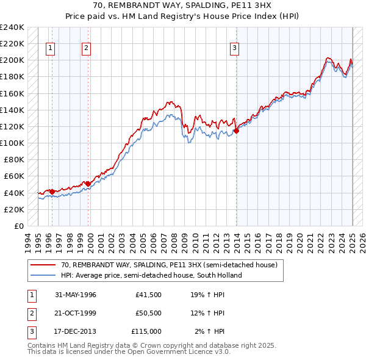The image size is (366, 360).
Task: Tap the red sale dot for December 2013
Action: tap(236, 130)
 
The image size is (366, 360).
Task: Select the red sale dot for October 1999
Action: tap(88, 183)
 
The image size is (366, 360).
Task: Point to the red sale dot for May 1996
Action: tap(52, 191)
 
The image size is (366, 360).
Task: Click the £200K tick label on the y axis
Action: tap(12, 60)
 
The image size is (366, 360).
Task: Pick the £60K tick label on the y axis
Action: tap(14, 176)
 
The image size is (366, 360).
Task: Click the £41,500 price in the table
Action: tap(149, 295)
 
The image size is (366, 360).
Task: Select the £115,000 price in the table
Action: tap(146, 331)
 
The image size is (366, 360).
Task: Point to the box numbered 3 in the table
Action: tap(30, 331)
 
